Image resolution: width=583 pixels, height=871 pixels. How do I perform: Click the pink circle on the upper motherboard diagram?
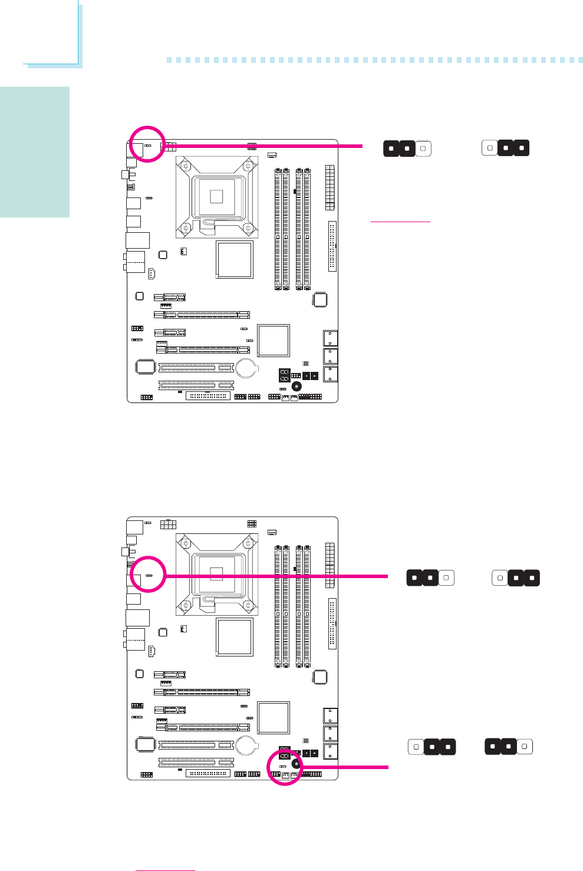click(x=147, y=144)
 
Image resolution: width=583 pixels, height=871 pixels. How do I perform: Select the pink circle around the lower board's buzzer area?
click(x=284, y=767)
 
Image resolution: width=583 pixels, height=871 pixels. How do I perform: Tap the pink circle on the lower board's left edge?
click(x=147, y=574)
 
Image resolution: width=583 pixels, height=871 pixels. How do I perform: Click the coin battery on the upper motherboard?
click(x=246, y=368)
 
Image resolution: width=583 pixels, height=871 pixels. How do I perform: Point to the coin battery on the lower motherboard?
click(x=246, y=745)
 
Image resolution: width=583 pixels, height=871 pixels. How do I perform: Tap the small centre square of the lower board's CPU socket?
click(x=216, y=572)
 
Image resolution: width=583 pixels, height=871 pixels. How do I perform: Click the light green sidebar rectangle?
click(x=35, y=152)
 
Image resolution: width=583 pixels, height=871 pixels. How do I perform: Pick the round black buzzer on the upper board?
click(x=297, y=387)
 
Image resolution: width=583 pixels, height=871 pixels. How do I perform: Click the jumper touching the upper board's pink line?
click(x=407, y=148)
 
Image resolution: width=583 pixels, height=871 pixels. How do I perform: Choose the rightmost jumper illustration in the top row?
click(x=505, y=147)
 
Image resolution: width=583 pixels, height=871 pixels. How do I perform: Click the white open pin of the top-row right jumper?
click(x=490, y=147)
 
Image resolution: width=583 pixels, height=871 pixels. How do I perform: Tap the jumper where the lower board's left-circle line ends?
click(x=430, y=578)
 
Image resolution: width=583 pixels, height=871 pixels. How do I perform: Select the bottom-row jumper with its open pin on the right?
click(x=508, y=747)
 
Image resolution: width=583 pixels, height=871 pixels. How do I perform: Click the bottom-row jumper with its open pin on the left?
click(x=432, y=747)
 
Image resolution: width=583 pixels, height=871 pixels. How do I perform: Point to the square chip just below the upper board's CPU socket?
click(x=235, y=259)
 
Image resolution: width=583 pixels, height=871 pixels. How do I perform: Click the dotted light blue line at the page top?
click(x=374, y=60)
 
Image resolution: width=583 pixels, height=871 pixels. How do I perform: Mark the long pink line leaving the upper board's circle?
click(x=262, y=146)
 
